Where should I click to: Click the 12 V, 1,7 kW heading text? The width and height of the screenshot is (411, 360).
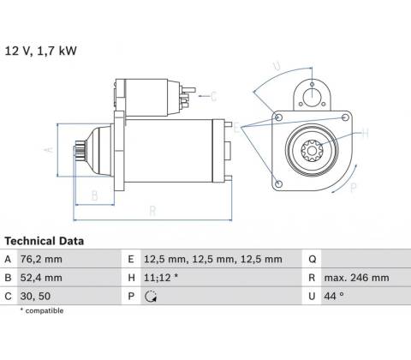tap(41, 51)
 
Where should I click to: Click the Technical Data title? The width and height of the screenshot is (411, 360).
tap(45, 241)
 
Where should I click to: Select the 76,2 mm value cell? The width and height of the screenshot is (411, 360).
tap(41, 260)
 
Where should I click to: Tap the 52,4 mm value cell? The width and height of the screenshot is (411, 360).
tap(41, 278)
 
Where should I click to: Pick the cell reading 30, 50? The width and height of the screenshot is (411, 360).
tap(35, 297)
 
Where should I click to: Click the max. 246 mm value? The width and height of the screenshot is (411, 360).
tap(356, 278)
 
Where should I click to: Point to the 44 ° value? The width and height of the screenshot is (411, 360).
tap(334, 297)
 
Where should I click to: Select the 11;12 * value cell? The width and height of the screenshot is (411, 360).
tap(161, 278)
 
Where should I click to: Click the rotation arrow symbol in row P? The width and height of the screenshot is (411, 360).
tap(151, 297)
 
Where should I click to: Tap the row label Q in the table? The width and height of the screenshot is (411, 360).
tap(313, 260)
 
